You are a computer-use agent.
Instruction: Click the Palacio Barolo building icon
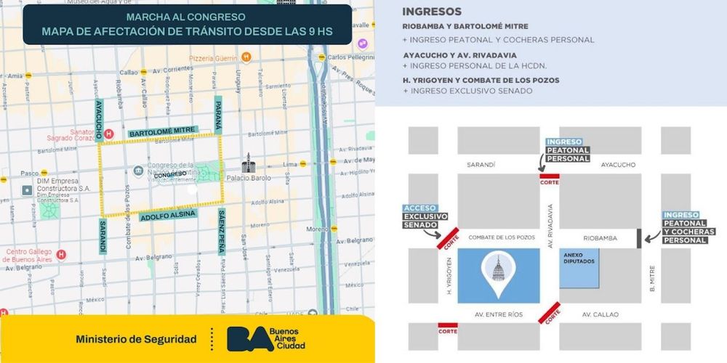coord(249,162)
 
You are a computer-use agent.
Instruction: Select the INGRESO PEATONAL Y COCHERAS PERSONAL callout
coord(688,227)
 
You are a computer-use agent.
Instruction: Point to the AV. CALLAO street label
coord(599,314)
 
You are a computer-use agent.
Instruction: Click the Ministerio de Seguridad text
coord(136,339)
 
